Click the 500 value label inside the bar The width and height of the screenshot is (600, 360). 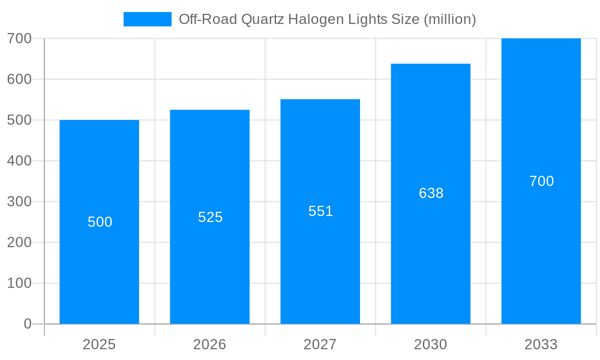click(100, 222)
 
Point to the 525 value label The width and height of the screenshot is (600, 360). click(210, 217)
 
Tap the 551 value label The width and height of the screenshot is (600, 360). click(320, 211)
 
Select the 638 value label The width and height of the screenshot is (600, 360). click(431, 193)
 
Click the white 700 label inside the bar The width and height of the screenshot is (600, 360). click(541, 181)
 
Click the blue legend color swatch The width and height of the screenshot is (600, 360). click(147, 19)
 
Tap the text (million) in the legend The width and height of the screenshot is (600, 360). click(449, 19)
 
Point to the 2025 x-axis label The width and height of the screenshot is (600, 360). click(100, 344)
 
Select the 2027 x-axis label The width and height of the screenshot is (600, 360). click(320, 344)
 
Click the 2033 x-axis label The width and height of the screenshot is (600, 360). click(541, 344)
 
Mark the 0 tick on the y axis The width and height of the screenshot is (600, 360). click(28, 324)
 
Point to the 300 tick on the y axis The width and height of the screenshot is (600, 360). click(19, 202)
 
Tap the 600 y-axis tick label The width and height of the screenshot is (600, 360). click(19, 79)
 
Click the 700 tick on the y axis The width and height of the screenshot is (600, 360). click(19, 38)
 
